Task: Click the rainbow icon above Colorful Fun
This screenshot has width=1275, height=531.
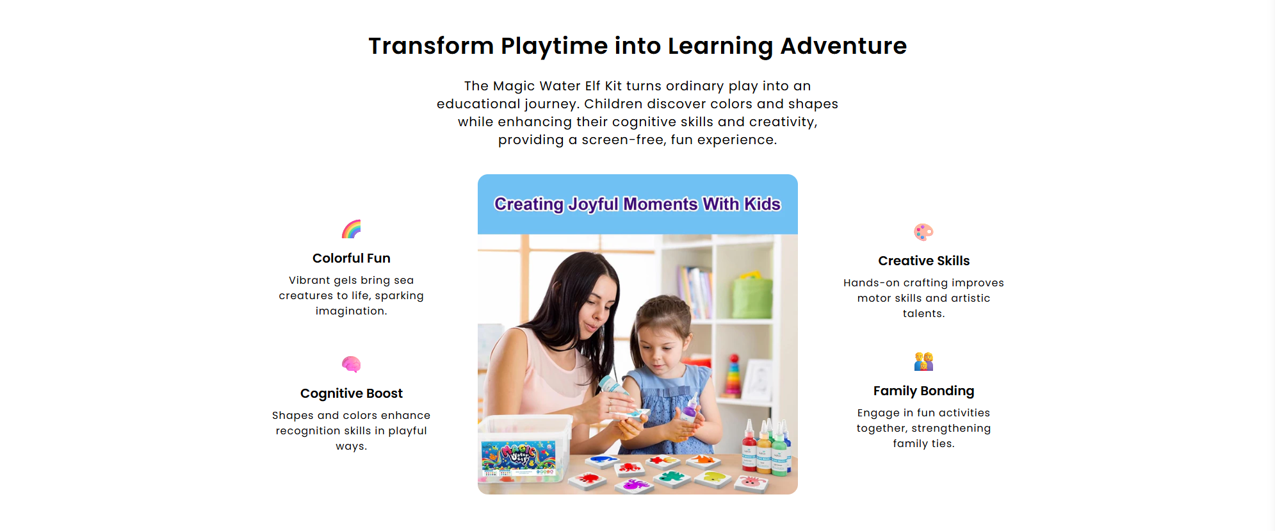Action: tap(352, 229)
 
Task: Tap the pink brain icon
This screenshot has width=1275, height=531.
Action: tap(352, 364)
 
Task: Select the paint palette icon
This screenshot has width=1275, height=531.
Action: tap(923, 232)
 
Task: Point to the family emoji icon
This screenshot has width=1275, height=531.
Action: tap(923, 362)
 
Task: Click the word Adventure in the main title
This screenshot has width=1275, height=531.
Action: tap(843, 46)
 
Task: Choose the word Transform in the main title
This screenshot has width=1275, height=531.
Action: tap(431, 46)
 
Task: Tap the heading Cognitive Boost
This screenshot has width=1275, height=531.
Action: tap(352, 393)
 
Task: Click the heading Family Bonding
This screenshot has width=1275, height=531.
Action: tap(923, 391)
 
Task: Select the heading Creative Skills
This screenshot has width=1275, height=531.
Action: tap(923, 261)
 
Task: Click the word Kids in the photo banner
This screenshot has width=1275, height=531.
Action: tap(762, 204)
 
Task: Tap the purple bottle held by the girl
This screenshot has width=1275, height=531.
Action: tap(690, 409)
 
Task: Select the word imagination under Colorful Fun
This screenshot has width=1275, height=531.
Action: tap(351, 311)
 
